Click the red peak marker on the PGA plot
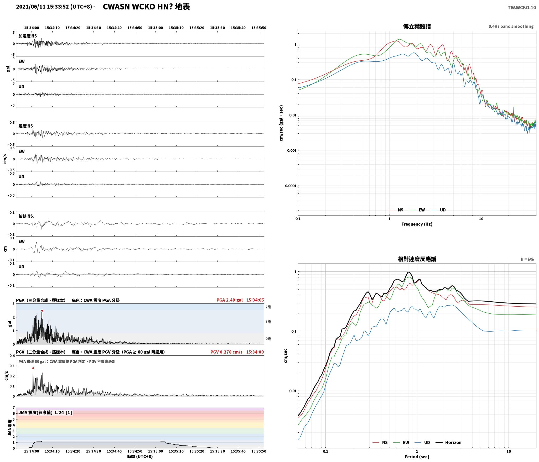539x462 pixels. pyautogui.click(x=42, y=311)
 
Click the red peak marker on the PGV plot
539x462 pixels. pyautogui.click(x=33, y=368)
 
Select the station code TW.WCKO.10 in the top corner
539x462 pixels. pyautogui.click(x=522, y=8)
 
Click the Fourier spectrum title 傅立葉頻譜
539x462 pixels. pyautogui.click(x=417, y=27)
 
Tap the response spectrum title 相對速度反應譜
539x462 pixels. pyautogui.click(x=417, y=259)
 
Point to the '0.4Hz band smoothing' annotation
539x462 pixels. pyautogui.click(x=511, y=27)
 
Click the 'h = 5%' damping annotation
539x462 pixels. pyautogui.click(x=527, y=259)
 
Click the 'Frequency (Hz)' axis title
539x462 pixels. pyautogui.click(x=417, y=224)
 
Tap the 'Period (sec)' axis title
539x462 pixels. pyautogui.click(x=417, y=457)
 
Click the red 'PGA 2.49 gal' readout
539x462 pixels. pyautogui.click(x=230, y=300)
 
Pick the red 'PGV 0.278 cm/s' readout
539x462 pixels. pyautogui.click(x=226, y=352)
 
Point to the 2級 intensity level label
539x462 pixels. pyautogui.click(x=268, y=307)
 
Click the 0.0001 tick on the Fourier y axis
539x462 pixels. pyautogui.click(x=291, y=186)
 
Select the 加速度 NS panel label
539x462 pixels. pyautogui.click(x=28, y=36)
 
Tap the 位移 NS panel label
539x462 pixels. pyautogui.click(x=26, y=216)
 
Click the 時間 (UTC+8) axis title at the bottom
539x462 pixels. pyautogui.click(x=140, y=456)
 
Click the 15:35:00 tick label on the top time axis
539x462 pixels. pyautogui.click(x=156, y=28)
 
